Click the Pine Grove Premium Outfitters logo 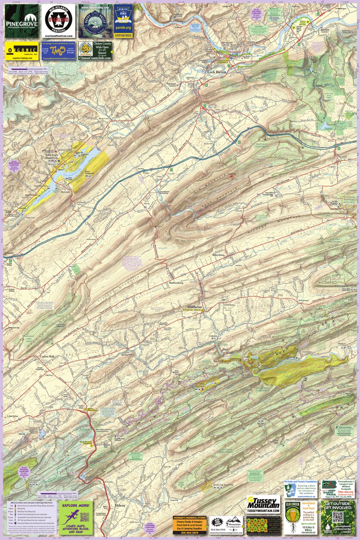pyautogui.click(x=22, y=22)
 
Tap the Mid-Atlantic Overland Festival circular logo pyautogui.click(x=58, y=22)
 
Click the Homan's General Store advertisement pyautogui.click(x=190, y=525)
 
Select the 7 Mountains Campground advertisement pyautogui.click(x=226, y=525)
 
